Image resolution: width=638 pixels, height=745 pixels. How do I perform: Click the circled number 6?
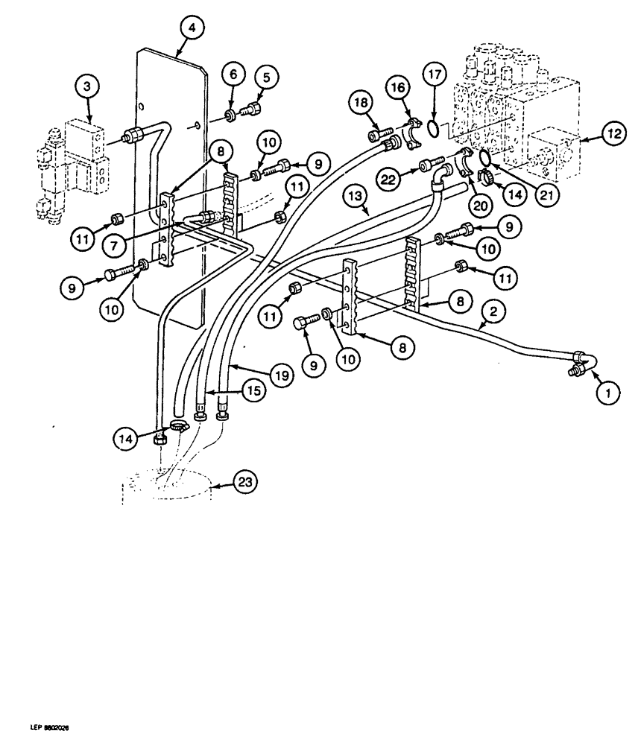tap(233, 75)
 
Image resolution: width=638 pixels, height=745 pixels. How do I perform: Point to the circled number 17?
tap(435, 75)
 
